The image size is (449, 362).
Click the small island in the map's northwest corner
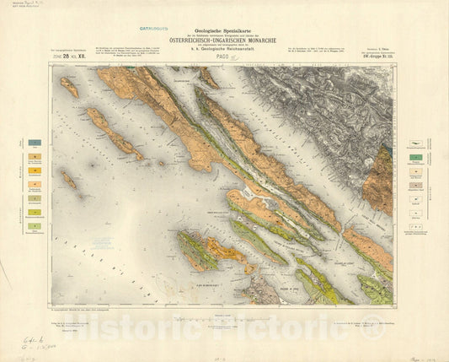click(x=69, y=87)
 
